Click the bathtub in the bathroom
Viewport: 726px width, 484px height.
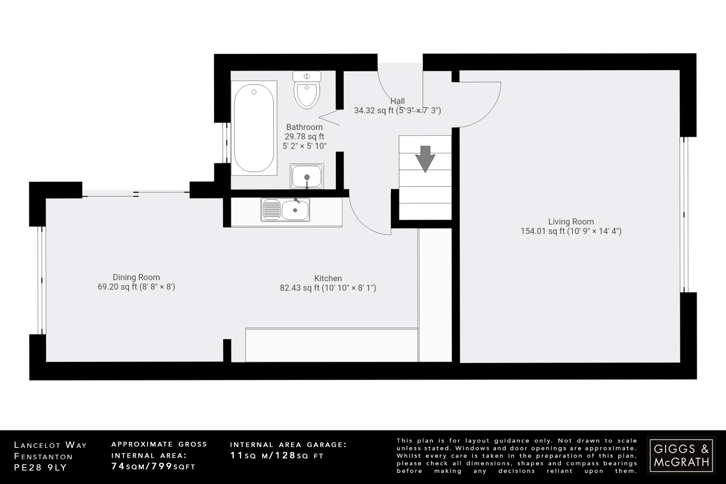[254, 128]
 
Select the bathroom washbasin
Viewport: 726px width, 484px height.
[307, 176]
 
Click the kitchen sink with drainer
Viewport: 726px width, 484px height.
[285, 210]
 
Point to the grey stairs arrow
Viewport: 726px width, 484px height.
[425, 158]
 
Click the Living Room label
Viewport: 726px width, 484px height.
[571, 222]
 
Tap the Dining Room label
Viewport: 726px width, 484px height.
[136, 277]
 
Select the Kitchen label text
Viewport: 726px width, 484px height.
[328, 278]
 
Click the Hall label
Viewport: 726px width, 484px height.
[397, 101]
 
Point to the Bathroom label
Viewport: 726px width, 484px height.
[304, 127]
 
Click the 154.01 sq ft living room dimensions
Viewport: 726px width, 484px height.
[571, 231]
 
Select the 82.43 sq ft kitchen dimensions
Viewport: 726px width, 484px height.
[328, 288]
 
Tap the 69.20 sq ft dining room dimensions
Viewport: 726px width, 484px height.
[136, 287]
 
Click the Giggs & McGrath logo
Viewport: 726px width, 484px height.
[681, 455]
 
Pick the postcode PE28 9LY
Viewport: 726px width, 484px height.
[40, 468]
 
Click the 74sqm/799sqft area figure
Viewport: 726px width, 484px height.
[153, 467]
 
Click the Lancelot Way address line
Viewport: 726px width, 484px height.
[50, 445]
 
